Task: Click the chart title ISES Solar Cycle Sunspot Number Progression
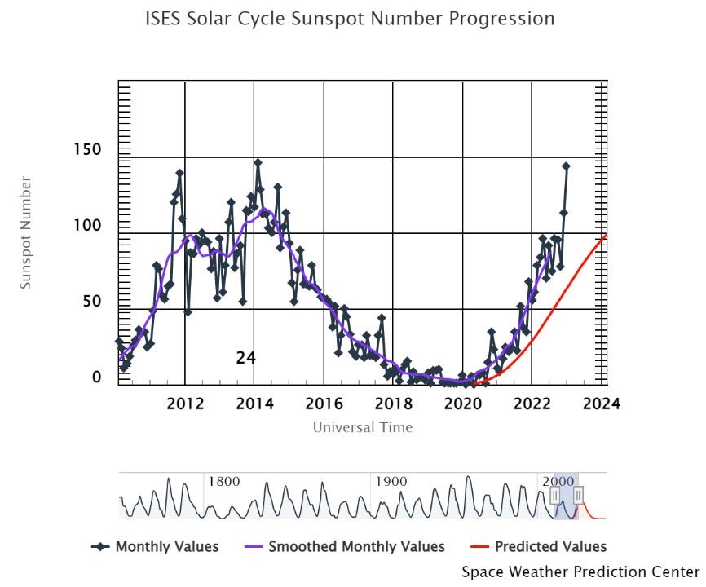point(350,19)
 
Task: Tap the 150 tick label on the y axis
point(87,150)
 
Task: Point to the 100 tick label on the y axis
point(87,226)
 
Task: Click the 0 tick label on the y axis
point(96,377)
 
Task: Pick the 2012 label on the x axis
point(185,404)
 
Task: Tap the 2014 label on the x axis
point(255,404)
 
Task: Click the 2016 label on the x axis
point(324,404)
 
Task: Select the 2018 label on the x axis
point(394,404)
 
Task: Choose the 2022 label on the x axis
point(533,404)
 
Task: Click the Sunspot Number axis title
point(25,232)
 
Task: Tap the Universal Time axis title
point(363,427)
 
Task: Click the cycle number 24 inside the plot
point(245,358)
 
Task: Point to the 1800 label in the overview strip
point(223,482)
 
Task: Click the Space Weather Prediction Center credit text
point(580,572)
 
